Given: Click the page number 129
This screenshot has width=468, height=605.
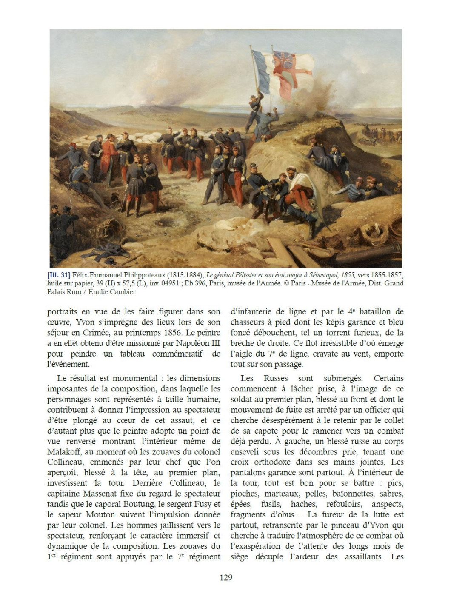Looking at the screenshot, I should [x=226, y=577].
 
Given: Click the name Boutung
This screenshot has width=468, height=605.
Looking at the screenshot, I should [x=136, y=504].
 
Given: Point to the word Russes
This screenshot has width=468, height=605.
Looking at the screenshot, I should [x=276, y=378].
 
